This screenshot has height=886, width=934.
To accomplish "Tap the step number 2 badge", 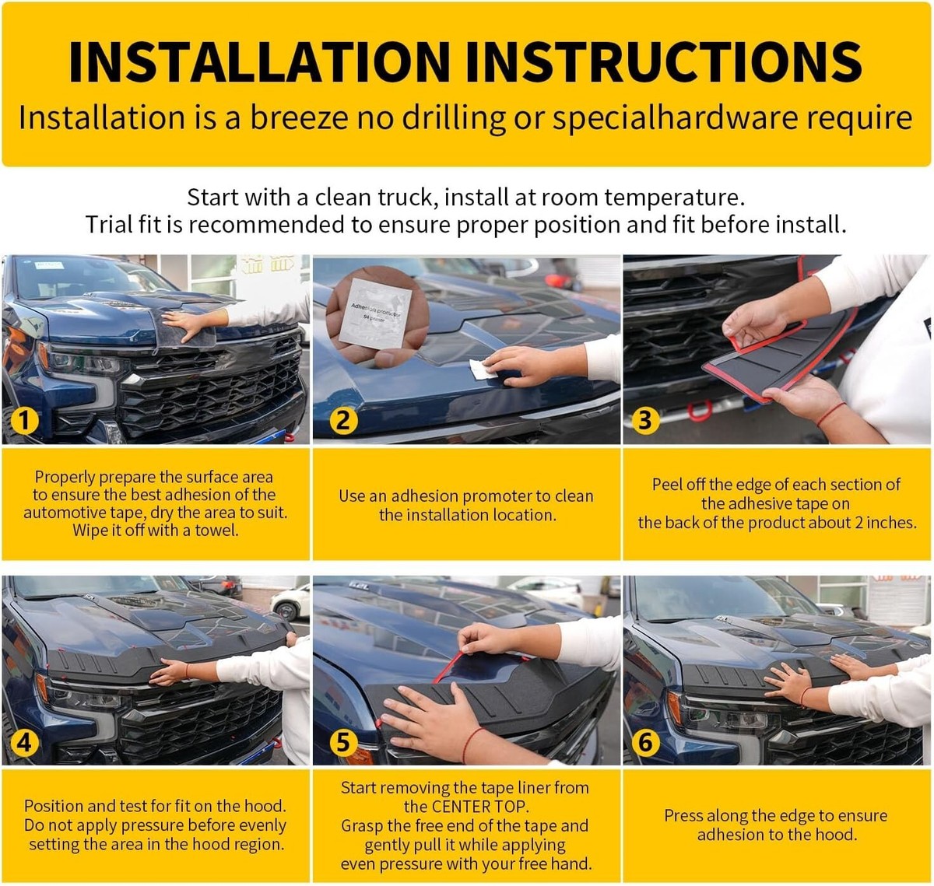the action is [343, 421].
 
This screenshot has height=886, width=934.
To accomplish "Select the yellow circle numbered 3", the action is [644, 421].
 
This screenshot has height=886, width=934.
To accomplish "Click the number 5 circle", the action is [343, 742].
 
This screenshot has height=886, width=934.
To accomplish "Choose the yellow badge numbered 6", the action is [644, 742].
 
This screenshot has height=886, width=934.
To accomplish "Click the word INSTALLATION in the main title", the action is [259, 61].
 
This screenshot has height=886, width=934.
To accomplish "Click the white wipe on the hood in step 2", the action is [482, 369].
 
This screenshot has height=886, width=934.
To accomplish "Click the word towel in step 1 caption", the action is [216, 530].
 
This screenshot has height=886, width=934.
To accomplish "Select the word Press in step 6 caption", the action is [683, 815].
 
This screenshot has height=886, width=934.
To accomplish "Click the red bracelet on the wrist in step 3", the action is [830, 413].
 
